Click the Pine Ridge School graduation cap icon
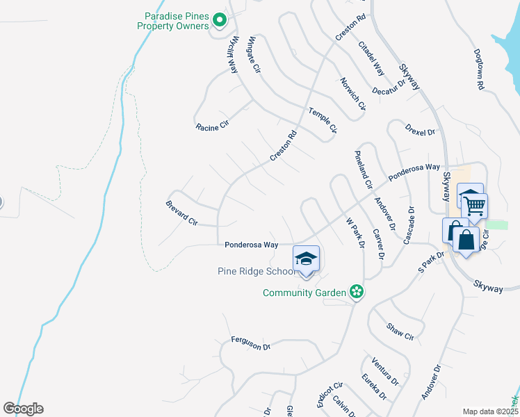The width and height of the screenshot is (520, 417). [x=306, y=259]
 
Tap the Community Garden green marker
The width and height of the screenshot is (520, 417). [x=356, y=292]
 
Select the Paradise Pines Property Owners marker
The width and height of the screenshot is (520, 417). [x=220, y=21]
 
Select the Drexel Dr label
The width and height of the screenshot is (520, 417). [x=421, y=129]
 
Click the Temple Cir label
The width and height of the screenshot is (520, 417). [x=323, y=120]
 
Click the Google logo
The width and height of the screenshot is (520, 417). [x=23, y=409]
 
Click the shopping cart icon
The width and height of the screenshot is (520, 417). [x=475, y=205]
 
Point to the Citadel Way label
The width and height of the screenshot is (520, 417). [x=371, y=58]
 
